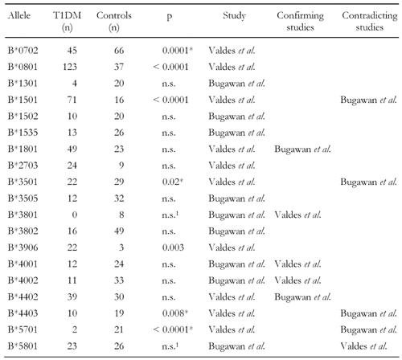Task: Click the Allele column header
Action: (18, 15)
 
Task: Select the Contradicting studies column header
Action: (370, 21)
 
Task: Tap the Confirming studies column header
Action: (300, 21)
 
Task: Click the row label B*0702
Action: (23, 51)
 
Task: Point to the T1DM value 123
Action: (70, 67)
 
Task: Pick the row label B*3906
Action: (23, 247)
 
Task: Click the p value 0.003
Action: (173, 247)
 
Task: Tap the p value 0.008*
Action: (175, 313)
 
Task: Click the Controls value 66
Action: (119, 51)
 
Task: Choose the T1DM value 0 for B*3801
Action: (75, 215)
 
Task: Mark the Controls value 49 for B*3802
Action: (119, 231)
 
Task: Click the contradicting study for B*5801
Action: (363, 346)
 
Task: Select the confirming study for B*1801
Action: (302, 149)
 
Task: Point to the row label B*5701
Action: (23, 329)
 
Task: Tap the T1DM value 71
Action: (72, 100)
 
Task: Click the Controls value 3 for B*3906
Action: (121, 247)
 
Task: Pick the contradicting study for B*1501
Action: (368, 100)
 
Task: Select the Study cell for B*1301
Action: (236, 84)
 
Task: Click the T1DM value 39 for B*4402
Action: (72, 297)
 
